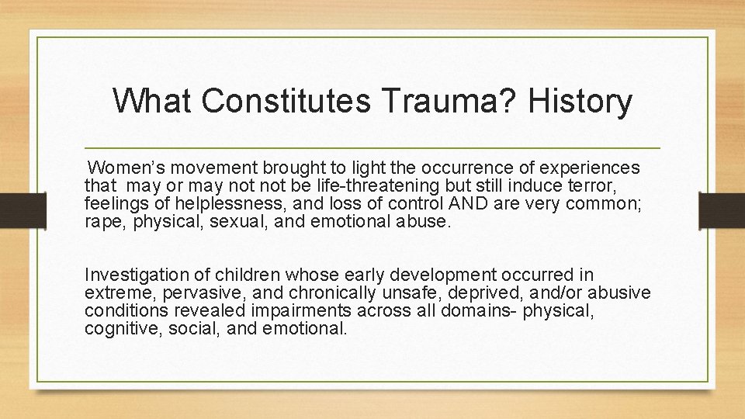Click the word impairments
[291, 310]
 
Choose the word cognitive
[117, 328]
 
